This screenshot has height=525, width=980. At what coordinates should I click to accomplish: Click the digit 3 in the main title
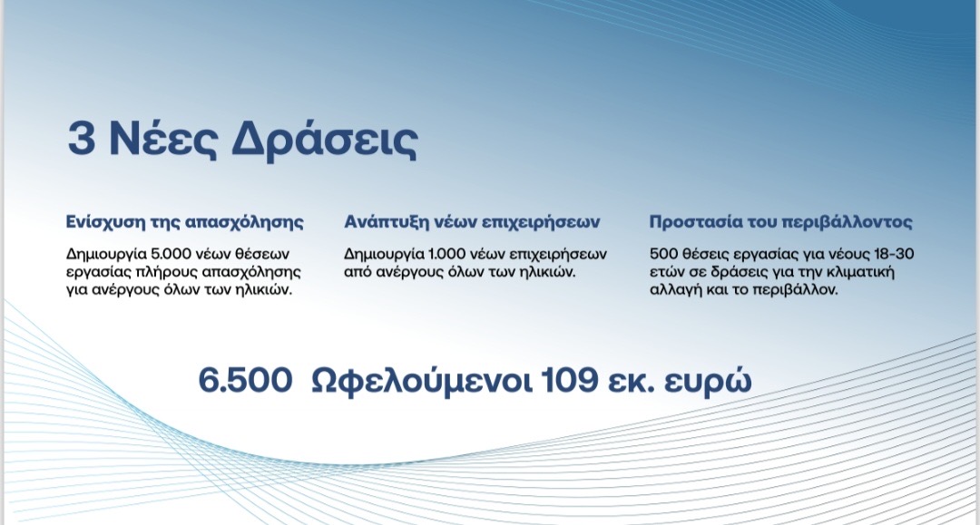82,140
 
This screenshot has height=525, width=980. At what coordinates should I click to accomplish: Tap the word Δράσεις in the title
324,140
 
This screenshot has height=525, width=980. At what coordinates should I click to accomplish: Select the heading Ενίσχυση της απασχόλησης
185,222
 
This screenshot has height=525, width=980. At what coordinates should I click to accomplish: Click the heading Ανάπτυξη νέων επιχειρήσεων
472,222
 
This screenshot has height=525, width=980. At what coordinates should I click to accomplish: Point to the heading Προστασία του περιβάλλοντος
780,222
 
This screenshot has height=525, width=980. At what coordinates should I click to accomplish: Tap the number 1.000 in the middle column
446,254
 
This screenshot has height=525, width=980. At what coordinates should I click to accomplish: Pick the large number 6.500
245,380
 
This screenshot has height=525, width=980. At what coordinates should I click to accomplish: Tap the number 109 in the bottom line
569,380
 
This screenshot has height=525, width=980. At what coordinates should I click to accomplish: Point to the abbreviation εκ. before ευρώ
632,382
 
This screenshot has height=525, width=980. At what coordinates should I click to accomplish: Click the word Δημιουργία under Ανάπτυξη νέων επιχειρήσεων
384,255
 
